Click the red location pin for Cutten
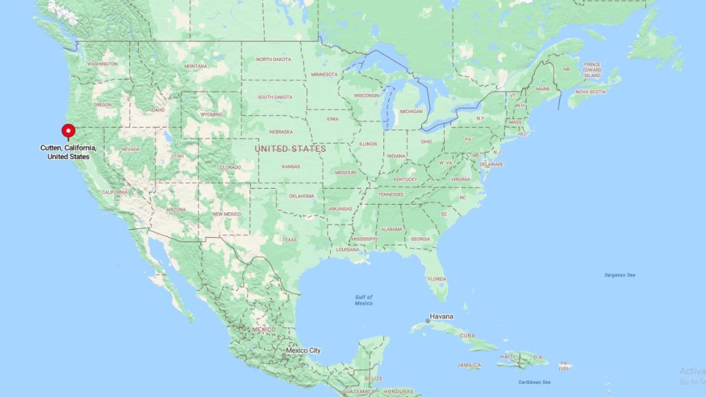point(68,130)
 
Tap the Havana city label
point(441,317)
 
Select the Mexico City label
point(304,351)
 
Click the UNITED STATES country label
point(290,148)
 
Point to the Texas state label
point(290,240)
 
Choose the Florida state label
point(436,279)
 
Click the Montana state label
point(196,66)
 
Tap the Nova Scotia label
point(591,92)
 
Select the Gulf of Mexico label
point(364,300)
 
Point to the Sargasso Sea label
point(621,275)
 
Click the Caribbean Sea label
point(535,382)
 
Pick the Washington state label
point(102,64)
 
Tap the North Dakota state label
point(274,59)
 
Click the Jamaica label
point(470,365)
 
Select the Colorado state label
point(229,167)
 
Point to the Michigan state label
point(412,111)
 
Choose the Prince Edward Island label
point(593,70)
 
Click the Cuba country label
point(467,336)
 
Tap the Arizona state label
point(176,210)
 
